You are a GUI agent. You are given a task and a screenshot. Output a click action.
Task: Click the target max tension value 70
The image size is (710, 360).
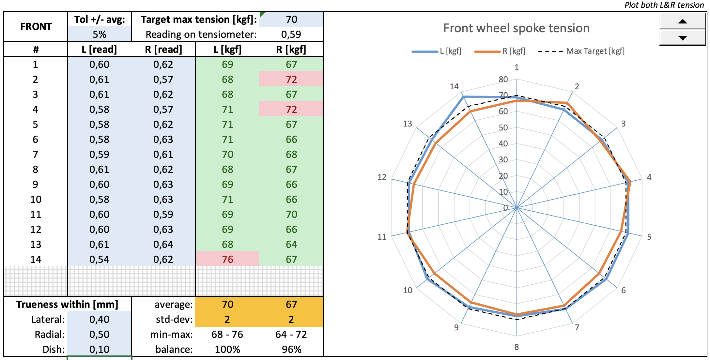(291, 20)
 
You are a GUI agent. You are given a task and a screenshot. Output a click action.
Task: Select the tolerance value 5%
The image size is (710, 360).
(100, 34)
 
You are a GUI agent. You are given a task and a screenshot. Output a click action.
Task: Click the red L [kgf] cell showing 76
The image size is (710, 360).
(227, 259)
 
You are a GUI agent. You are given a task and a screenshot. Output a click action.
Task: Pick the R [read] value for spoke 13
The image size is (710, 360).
(163, 244)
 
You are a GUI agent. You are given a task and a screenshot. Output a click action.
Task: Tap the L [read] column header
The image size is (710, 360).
(99, 50)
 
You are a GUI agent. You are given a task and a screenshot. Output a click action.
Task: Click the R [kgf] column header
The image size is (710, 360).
(291, 50)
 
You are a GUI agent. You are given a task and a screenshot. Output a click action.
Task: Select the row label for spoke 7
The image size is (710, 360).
(35, 154)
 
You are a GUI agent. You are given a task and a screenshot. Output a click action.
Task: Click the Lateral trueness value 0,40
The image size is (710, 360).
(99, 319)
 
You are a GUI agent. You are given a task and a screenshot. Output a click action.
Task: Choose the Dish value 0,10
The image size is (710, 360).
(99, 349)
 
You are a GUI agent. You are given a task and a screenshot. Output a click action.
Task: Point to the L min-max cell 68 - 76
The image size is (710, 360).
(227, 334)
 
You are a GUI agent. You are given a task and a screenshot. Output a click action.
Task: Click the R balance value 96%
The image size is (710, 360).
(291, 349)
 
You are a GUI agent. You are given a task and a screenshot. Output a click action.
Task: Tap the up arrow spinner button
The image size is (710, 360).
(682, 22)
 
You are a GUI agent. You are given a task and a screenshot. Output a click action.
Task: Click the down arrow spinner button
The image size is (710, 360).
(682, 37)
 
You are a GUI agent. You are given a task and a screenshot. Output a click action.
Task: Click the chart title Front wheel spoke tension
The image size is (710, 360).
(516, 28)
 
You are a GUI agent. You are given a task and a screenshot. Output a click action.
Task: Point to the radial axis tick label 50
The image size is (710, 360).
(503, 127)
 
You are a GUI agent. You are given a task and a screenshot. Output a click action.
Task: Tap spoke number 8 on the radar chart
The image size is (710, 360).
(517, 347)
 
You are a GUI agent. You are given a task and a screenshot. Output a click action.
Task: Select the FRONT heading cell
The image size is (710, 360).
(36, 27)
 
